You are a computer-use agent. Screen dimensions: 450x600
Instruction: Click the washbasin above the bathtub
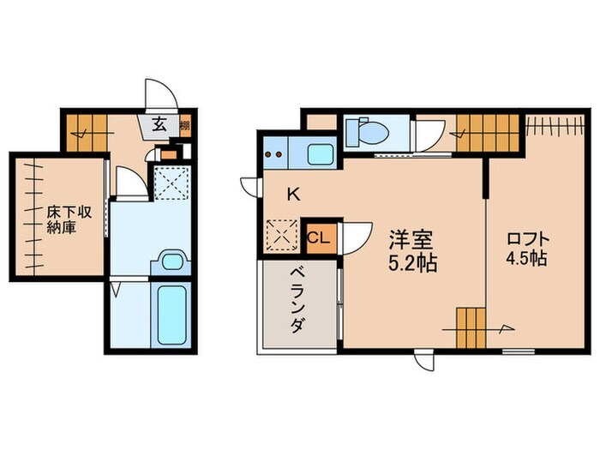(172, 261)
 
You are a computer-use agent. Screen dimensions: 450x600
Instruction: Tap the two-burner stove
(276, 154)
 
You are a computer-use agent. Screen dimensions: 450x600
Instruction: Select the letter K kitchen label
(292, 195)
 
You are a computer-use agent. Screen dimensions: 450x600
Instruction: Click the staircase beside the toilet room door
(486, 133)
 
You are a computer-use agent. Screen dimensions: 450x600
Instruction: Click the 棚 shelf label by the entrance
(185, 125)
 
